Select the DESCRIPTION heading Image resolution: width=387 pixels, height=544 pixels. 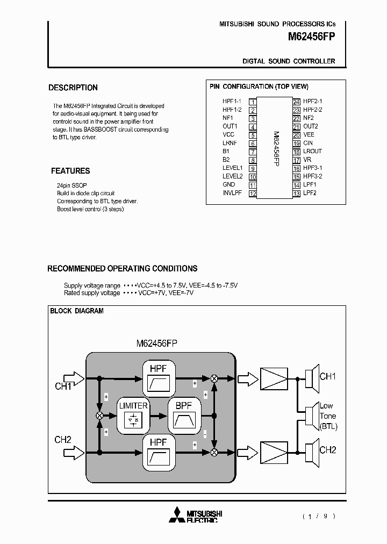(73, 88)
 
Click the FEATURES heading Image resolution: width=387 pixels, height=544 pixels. (70, 171)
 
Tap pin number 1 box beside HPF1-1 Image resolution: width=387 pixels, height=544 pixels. (253, 101)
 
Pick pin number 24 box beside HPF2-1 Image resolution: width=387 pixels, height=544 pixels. (296, 101)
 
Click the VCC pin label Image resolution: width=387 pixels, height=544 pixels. (228, 134)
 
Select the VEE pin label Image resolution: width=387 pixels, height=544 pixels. (309, 134)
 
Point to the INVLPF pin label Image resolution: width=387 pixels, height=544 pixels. (232, 193)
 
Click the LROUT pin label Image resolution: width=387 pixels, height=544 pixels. (312, 151)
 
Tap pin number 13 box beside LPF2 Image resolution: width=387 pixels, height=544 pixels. (296, 193)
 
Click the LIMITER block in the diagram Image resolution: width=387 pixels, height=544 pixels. (133, 414)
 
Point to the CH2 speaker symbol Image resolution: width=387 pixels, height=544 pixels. (310, 450)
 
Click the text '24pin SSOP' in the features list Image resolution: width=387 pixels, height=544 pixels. (72, 185)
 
